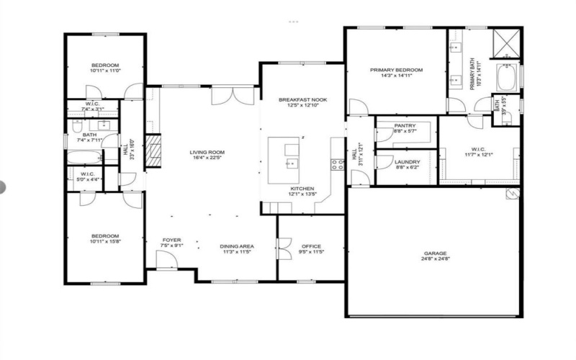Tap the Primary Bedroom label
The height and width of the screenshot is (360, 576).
396,70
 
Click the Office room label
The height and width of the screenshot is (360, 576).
312,246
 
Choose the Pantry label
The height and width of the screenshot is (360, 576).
405,125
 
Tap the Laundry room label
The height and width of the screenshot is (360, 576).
406,161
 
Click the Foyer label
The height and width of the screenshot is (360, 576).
171,240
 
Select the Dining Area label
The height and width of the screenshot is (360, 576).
238,247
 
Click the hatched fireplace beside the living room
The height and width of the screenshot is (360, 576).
152,151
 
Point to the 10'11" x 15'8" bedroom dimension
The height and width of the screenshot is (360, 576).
104,241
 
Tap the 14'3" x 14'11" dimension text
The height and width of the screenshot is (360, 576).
396,76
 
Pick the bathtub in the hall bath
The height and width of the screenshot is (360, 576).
85,156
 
